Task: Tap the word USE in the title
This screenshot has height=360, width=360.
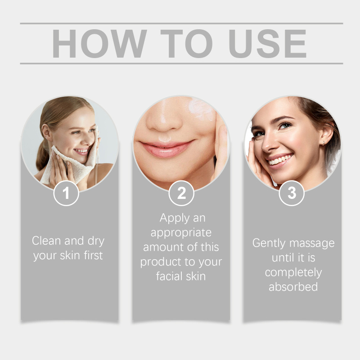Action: (267, 43)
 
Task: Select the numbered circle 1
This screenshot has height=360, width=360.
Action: (66, 193)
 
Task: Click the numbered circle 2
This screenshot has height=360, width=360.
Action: (181, 193)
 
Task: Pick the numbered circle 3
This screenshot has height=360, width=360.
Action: (292, 193)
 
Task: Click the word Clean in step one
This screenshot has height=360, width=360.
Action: (46, 241)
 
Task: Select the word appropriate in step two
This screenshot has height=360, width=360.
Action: (181, 233)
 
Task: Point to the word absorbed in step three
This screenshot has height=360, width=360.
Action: (293, 287)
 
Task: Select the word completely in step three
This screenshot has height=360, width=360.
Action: (293, 273)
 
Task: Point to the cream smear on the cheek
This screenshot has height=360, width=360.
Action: (200, 109)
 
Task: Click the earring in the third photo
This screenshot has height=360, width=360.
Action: (323, 143)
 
